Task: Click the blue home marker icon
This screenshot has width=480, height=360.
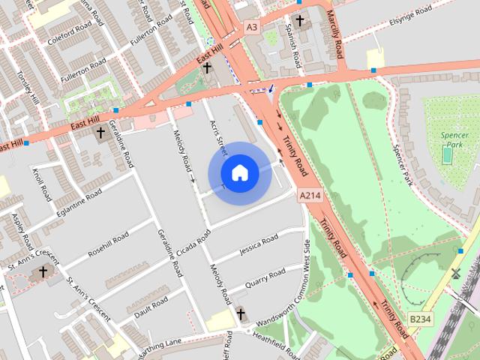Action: tap(239, 173)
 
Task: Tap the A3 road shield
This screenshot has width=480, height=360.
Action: tap(252, 27)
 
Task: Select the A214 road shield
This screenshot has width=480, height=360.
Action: tap(309, 195)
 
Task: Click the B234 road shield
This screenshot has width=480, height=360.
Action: tap(421, 319)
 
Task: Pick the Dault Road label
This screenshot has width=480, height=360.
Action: tap(150, 306)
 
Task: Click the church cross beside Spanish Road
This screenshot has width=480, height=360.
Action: tap(300, 21)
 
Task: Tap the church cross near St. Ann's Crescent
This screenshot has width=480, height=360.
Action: tap(43, 271)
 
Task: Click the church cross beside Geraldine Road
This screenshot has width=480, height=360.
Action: tap(100, 133)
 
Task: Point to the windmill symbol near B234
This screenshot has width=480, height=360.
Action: tap(455, 274)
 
